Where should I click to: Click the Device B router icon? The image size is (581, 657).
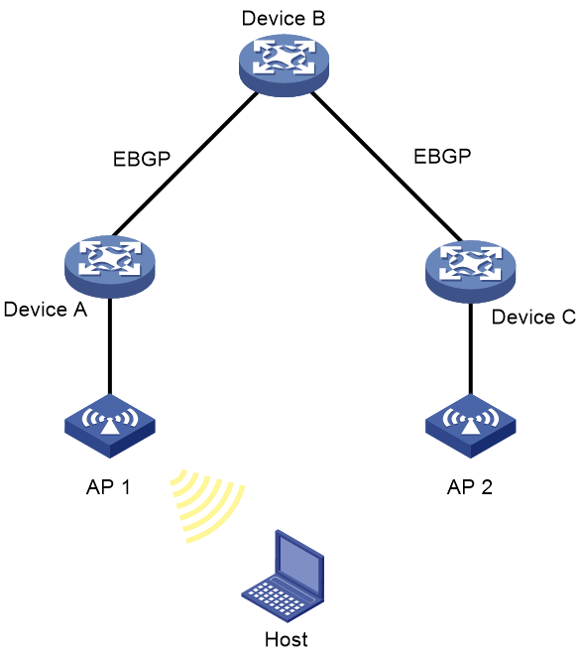point(284,65)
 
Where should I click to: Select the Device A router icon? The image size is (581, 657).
point(110,267)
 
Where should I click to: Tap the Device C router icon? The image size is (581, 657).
point(471,272)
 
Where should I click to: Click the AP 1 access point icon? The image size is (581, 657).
point(110,426)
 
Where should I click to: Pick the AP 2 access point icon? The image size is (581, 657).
point(471,426)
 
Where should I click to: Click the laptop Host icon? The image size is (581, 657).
point(283,577)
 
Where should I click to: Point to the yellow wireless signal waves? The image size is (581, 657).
point(208,506)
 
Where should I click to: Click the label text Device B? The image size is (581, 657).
point(284,19)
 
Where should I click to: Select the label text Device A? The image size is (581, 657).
point(46,310)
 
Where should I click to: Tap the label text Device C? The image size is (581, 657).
point(533,318)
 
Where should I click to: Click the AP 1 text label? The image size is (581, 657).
point(108,487)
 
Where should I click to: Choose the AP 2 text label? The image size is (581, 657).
point(470,487)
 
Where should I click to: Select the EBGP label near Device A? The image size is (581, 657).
point(142,159)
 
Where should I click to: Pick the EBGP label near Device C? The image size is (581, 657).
point(442,157)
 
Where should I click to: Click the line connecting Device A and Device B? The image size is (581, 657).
point(185,164)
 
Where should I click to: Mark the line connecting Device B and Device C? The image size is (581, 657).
point(386,167)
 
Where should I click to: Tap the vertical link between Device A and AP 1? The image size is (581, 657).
point(110,346)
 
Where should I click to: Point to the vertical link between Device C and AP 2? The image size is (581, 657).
point(471,348)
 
